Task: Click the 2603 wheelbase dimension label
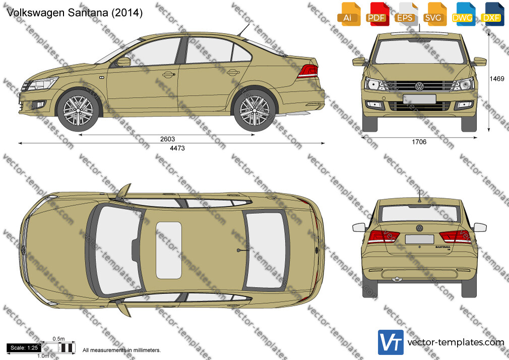click(x=167, y=139)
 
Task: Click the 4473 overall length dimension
click(x=177, y=148)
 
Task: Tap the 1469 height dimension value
click(x=497, y=79)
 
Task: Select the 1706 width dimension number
click(x=419, y=142)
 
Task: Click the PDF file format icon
click(x=376, y=14)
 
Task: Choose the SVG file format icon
click(x=434, y=14)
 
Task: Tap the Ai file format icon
click(x=349, y=14)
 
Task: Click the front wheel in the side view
click(x=78, y=110)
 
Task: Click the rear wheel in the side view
click(x=254, y=110)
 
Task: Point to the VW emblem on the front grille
click(x=419, y=86)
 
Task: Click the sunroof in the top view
click(x=169, y=251)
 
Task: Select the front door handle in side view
click(x=168, y=75)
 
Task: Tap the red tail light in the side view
click(x=308, y=71)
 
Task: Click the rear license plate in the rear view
click(x=419, y=239)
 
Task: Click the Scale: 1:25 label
click(x=24, y=348)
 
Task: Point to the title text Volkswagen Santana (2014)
click(x=75, y=13)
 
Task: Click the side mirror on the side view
click(x=123, y=62)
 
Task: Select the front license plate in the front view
click(x=419, y=99)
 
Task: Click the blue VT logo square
click(x=391, y=342)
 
